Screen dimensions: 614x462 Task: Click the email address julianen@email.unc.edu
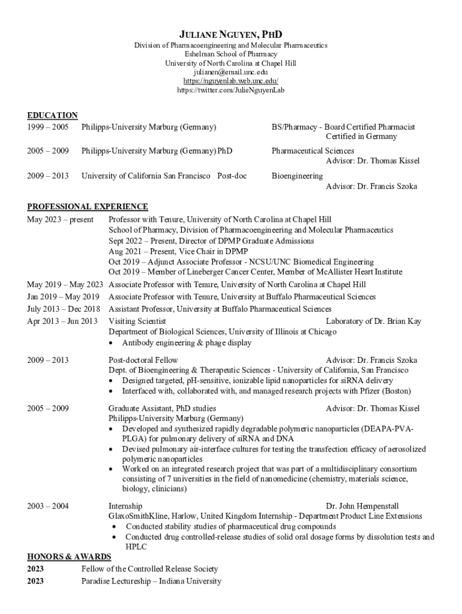(x=231, y=72)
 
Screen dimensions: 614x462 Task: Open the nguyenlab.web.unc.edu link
(x=231, y=81)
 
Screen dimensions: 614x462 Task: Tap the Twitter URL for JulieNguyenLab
(x=231, y=90)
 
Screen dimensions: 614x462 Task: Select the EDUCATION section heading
(x=52, y=115)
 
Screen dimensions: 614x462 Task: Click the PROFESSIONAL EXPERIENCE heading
(x=88, y=207)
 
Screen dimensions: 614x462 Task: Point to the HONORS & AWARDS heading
(x=69, y=557)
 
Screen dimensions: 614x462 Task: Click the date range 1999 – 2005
(x=48, y=127)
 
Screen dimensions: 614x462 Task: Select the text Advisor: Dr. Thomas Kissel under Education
(x=373, y=161)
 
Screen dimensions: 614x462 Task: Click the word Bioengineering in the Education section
(x=297, y=176)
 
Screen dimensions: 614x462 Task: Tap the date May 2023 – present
(x=60, y=219)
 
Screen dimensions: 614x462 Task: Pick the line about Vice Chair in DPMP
(x=178, y=251)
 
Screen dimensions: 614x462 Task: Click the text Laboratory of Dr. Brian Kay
(x=374, y=321)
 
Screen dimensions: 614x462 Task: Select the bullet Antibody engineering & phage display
(x=187, y=343)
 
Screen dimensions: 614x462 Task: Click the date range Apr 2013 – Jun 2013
(x=62, y=321)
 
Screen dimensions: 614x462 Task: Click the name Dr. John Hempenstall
(x=362, y=506)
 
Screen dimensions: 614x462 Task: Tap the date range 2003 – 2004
(x=48, y=506)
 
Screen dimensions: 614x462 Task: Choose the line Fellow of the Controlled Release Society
(x=149, y=568)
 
